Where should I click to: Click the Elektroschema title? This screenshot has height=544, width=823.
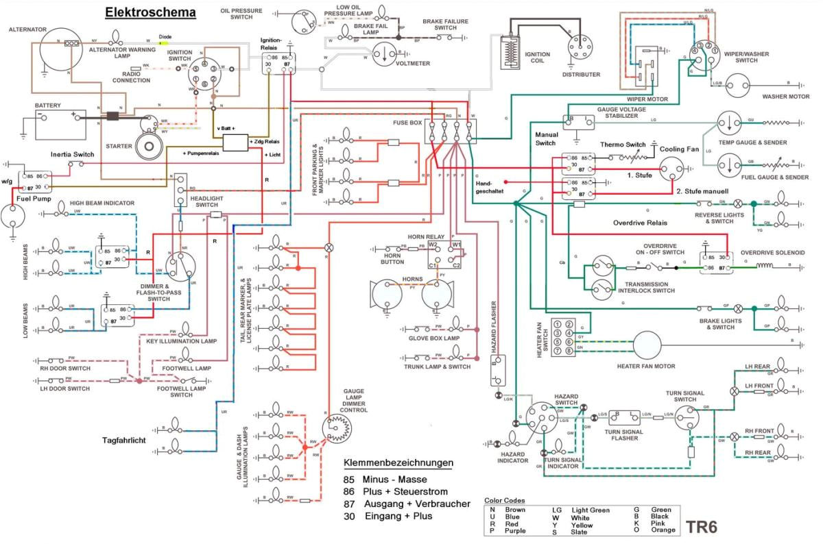(x=150, y=12)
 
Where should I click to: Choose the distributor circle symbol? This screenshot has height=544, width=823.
(x=581, y=48)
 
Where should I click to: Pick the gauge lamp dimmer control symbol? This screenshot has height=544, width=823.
(x=338, y=429)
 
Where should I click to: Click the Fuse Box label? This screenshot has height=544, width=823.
(x=408, y=123)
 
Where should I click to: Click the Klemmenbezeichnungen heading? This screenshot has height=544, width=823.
(x=398, y=462)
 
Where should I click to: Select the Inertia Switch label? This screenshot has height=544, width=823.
(x=72, y=155)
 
